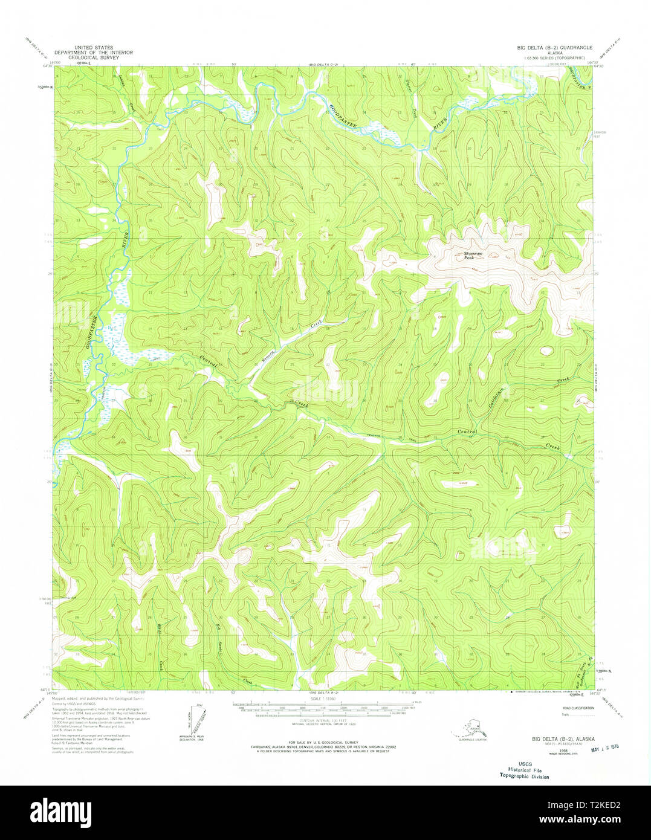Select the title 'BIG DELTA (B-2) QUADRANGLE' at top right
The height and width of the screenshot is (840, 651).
[554, 47]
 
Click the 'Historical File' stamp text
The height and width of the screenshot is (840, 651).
[524, 770]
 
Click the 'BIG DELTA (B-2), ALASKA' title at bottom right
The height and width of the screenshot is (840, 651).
[563, 739]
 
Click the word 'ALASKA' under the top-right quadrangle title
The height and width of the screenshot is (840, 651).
[554, 53]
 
